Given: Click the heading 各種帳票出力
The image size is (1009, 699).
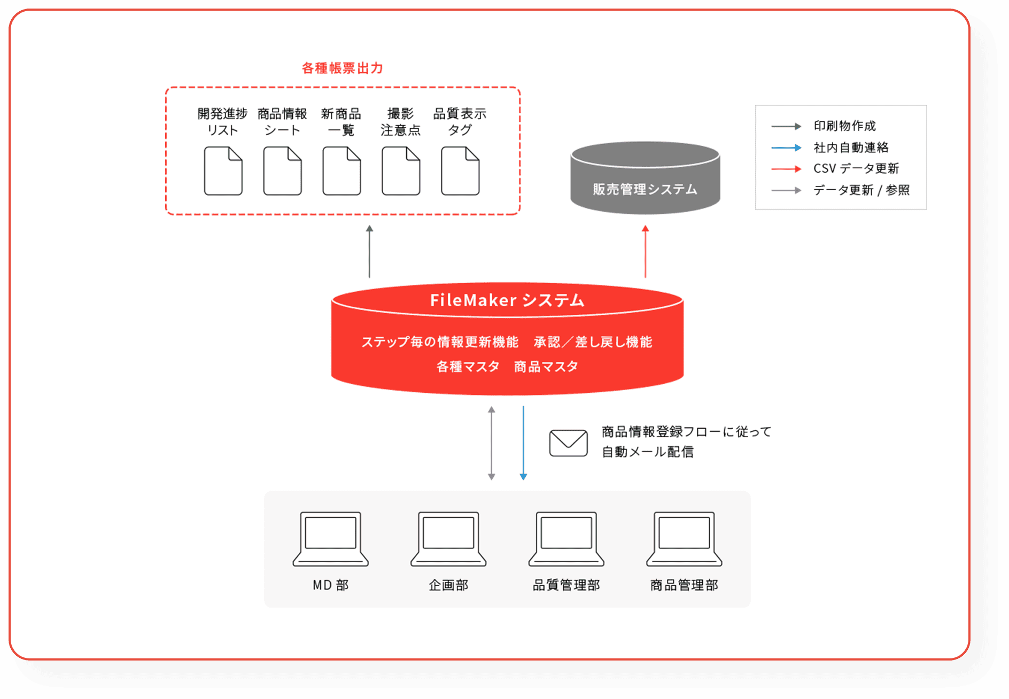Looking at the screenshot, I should (342, 68).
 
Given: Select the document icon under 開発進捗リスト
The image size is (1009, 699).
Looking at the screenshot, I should (223, 171).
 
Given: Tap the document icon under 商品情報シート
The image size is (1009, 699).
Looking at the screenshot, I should (283, 171).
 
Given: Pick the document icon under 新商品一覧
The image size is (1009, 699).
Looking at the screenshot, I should (342, 171).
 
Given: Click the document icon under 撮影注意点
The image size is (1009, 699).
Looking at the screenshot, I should (401, 171).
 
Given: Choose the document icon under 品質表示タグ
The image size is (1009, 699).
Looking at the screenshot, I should (460, 171).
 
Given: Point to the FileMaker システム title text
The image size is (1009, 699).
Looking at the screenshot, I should (507, 300).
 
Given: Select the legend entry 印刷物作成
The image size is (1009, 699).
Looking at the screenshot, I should (844, 126).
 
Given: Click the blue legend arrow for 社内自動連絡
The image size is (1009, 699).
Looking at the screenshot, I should (786, 147).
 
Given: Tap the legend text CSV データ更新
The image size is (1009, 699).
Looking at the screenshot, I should (856, 169).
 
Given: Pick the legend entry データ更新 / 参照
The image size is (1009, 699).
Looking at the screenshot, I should (861, 190).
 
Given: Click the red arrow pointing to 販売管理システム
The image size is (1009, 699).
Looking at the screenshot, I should (645, 251).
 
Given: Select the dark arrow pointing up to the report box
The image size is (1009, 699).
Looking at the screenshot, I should (369, 251).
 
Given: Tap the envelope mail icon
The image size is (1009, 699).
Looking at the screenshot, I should (569, 443).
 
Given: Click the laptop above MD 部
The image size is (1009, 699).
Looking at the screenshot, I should (331, 538).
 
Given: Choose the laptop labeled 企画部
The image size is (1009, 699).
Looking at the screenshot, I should (448, 538).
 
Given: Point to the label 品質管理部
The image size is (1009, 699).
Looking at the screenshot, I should (566, 585).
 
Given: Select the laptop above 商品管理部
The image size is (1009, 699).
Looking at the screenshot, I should (684, 538).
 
